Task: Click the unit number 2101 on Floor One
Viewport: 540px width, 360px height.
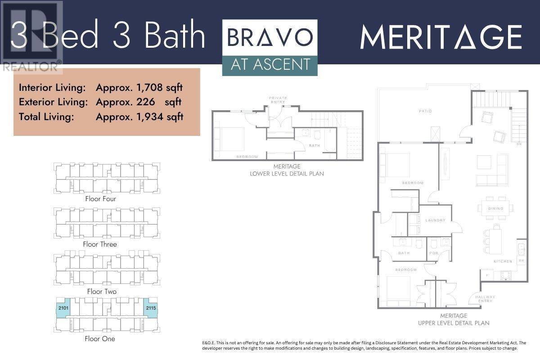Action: (63, 308)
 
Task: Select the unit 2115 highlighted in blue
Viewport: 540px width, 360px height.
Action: (151, 308)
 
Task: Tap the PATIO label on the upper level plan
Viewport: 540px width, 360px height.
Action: (425, 111)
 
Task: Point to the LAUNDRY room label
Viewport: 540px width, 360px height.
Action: (435, 220)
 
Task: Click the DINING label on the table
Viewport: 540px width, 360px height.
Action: (495, 208)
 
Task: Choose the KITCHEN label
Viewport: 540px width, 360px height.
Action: (503, 261)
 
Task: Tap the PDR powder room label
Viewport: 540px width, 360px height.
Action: (434, 253)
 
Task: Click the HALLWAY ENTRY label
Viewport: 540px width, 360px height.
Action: (485, 299)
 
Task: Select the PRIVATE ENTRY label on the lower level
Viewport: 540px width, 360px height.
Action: (278, 100)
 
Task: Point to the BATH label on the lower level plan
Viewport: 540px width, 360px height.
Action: (315, 146)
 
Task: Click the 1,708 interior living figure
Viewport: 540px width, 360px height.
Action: (149, 88)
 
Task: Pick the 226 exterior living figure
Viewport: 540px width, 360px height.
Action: (146, 102)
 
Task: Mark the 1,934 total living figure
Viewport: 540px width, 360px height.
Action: (150, 117)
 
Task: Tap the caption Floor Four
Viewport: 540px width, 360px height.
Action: (100, 199)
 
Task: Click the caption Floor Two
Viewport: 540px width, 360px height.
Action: (102, 292)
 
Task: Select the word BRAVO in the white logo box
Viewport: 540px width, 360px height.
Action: (270, 37)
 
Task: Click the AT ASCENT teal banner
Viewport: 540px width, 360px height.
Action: (270, 66)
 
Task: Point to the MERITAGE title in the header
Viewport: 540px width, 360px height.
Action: (441, 38)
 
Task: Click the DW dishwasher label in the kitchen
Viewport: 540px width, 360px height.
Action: (521, 261)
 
